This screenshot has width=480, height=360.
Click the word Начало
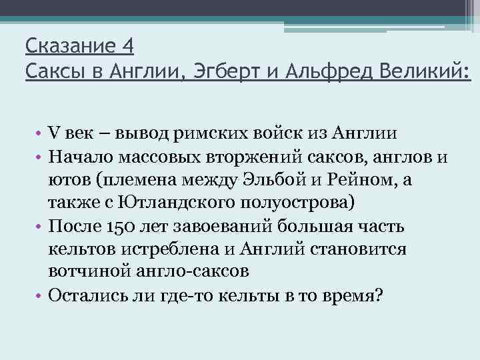(79, 157)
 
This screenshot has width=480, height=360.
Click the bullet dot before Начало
(40, 158)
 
